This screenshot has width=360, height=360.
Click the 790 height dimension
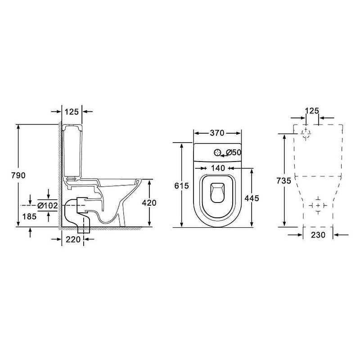[x=18, y=175]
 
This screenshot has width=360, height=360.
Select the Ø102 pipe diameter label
[x=48, y=206]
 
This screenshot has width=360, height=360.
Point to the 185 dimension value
[x=29, y=216]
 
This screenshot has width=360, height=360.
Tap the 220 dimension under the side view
[x=73, y=239]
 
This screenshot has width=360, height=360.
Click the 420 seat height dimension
[x=149, y=203]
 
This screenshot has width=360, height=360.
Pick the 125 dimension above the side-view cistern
[x=72, y=112]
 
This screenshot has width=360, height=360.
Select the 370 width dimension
[x=217, y=133]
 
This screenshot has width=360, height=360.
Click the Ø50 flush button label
[x=234, y=153]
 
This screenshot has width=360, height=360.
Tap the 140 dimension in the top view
[x=218, y=168]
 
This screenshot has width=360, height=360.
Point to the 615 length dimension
[x=182, y=185]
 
